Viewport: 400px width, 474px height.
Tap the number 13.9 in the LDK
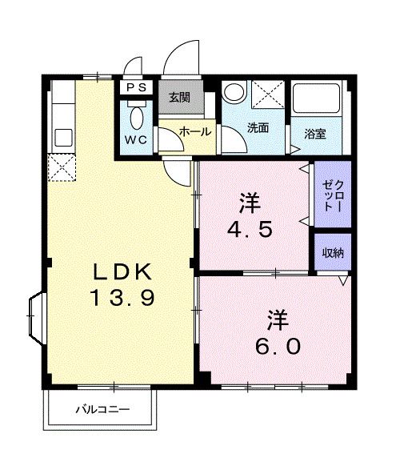pyautogui.click(x=121, y=298)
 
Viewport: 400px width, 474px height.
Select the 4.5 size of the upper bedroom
pyautogui.click(x=250, y=229)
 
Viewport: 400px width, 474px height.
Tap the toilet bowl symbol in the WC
pyautogui.click(x=137, y=118)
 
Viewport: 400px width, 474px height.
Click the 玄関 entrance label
pyautogui.click(x=178, y=98)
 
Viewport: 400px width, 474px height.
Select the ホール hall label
pyautogui.click(x=194, y=131)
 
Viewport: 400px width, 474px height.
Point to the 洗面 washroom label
pyautogui.click(x=257, y=128)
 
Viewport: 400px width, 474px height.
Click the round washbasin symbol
pyautogui.click(x=233, y=93)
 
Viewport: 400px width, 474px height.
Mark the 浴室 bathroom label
pyautogui.click(x=314, y=134)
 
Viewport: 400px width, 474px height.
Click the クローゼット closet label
pyautogui.click(x=330, y=195)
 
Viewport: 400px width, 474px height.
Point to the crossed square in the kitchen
pyautogui.click(x=61, y=166)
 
